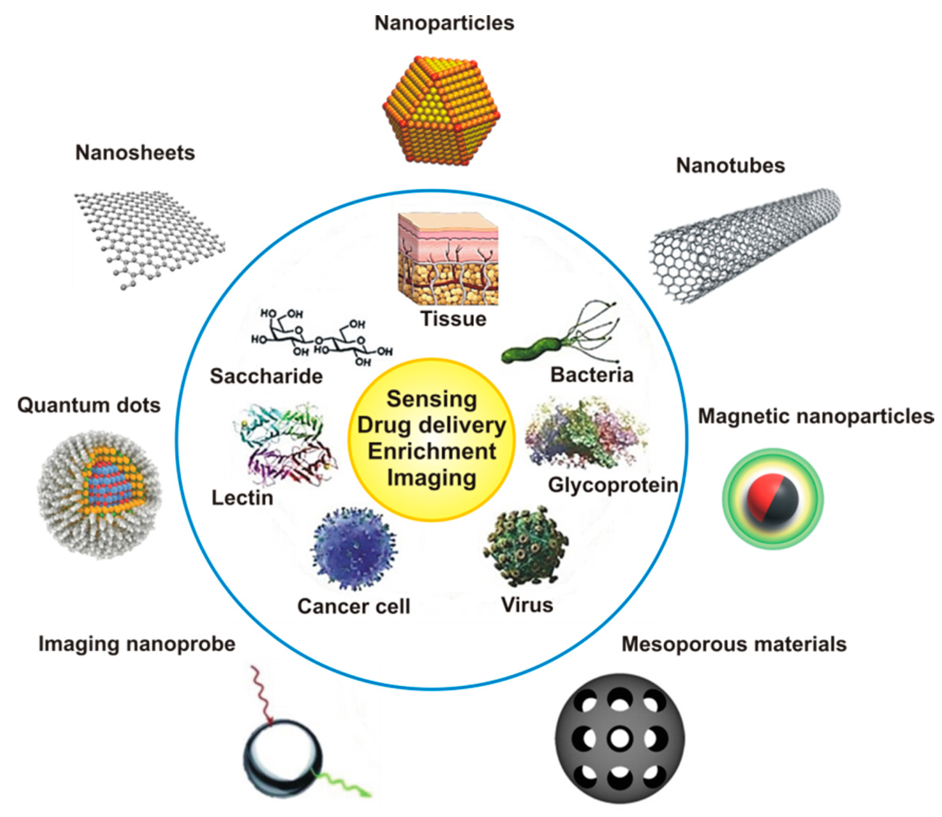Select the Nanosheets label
[x=135, y=152]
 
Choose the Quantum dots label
[x=89, y=405]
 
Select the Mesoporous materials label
[x=734, y=644]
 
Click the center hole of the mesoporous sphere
[x=620, y=739]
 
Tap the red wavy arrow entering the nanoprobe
[x=262, y=693]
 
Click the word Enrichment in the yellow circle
[x=431, y=451]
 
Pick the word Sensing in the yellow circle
[x=431, y=399]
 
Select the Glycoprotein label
[x=612, y=485]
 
